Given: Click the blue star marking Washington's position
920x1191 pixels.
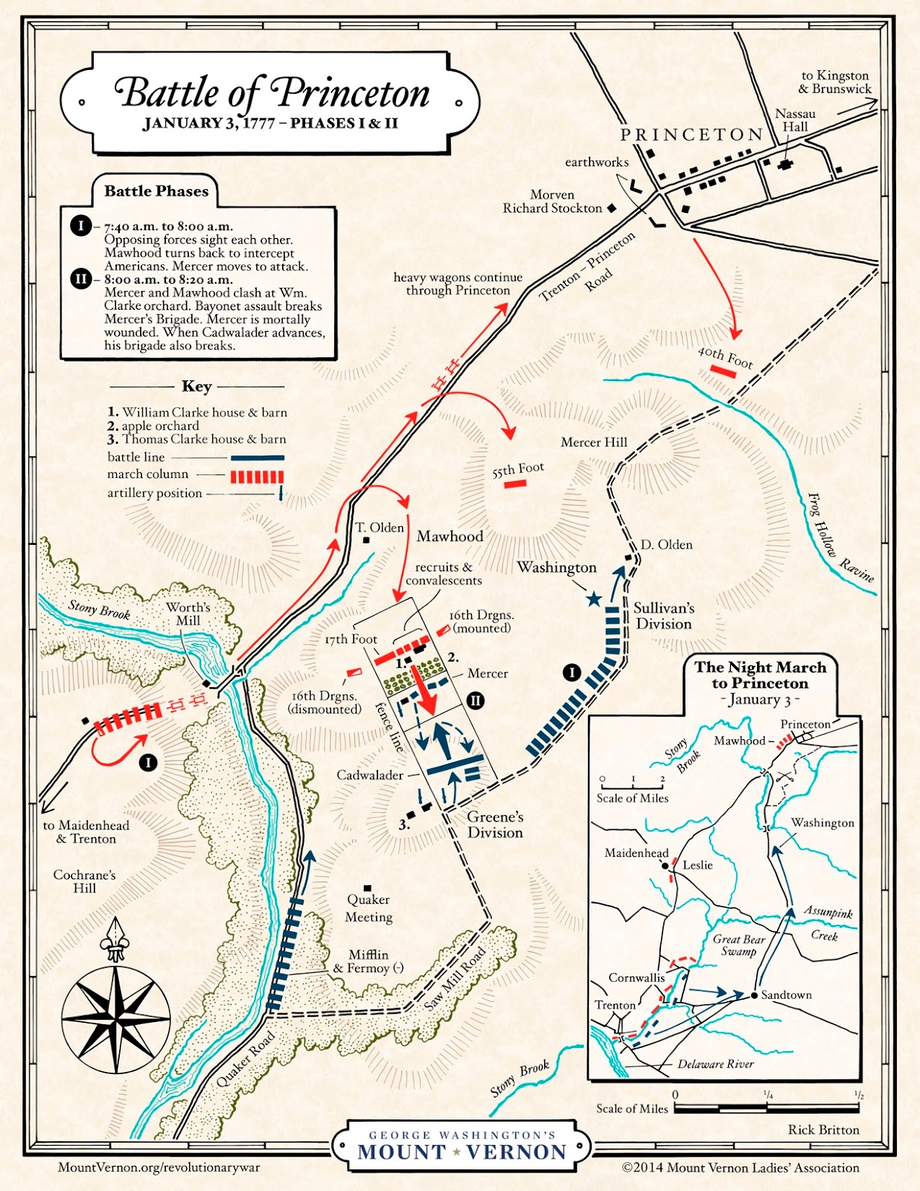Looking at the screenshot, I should pyautogui.click(x=593, y=598).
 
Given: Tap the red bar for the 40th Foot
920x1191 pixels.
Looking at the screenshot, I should pyautogui.click(x=722, y=371).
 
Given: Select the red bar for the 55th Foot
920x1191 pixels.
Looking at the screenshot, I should pyautogui.click(x=515, y=484).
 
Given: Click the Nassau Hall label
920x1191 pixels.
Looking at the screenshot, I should pyautogui.click(x=795, y=120).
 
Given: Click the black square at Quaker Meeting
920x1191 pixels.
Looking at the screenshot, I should pyautogui.click(x=368, y=888).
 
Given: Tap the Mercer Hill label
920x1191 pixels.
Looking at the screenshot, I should pyautogui.click(x=593, y=442).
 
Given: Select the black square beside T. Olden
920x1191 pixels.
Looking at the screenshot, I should pyautogui.click(x=366, y=540).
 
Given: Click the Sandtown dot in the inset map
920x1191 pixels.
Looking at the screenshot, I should pyautogui.click(x=754, y=995).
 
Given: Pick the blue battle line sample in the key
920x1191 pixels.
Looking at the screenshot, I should pyautogui.click(x=257, y=458).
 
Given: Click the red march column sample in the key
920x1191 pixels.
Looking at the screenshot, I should pyautogui.click(x=257, y=476).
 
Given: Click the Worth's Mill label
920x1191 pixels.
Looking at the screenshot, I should pyautogui.click(x=188, y=613).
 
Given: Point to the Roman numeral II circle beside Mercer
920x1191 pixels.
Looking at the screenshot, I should pyautogui.click(x=475, y=700).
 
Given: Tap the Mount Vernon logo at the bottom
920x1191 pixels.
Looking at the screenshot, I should pyautogui.click(x=461, y=1146).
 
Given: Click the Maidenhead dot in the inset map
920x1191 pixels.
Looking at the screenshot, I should pyautogui.click(x=665, y=866).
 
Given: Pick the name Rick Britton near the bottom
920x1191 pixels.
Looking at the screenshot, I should pyautogui.click(x=823, y=1129).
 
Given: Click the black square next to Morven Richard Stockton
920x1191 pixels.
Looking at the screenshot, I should pyautogui.click(x=612, y=208).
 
